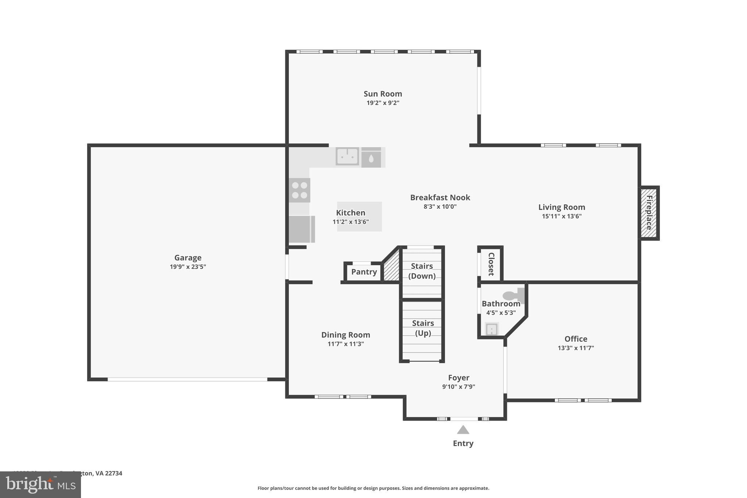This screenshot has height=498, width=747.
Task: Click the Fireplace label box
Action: point(649,213)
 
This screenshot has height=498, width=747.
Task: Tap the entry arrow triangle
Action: point(463,430)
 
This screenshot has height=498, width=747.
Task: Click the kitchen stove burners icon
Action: point(299,190)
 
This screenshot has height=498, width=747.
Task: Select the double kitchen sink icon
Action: point(347,157)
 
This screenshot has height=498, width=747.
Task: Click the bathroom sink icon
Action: point(491,329)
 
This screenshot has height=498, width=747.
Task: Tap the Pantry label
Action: point(364,272)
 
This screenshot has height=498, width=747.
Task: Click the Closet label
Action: point(491,264)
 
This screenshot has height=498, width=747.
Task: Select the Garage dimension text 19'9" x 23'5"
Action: point(188,267)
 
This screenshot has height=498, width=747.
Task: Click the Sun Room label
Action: point(383,94)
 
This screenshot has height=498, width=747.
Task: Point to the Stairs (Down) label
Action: point(422,271)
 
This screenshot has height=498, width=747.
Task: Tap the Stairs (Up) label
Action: point(423,328)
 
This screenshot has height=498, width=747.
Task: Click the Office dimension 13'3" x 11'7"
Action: point(576,348)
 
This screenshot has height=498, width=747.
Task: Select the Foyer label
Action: point(458,378)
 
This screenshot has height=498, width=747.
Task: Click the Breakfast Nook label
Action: point(440,197)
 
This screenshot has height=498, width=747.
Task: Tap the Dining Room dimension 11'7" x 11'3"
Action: point(345,344)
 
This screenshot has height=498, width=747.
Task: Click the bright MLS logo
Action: point(40,485)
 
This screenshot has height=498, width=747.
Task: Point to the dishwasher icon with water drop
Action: point(371,158)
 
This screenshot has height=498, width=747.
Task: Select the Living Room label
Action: point(561,207)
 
